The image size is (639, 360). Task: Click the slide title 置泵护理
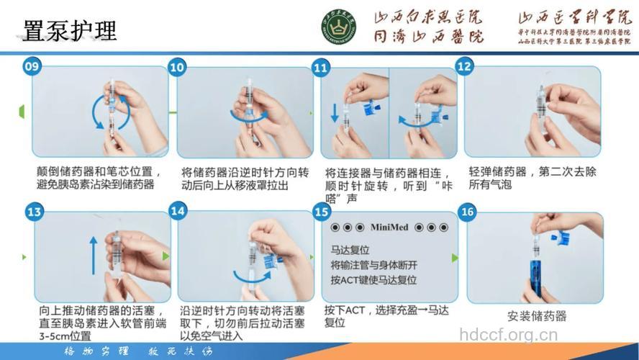[x=71, y=30]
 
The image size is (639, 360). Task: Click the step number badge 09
[x=32, y=67]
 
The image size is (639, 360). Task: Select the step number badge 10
[x=177, y=67]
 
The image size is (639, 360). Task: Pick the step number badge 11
[x=321, y=67]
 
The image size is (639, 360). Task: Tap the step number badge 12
[x=465, y=67]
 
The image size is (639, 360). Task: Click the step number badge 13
[x=33, y=212]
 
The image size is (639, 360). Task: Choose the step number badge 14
[x=178, y=211]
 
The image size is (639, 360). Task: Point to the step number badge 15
[x=322, y=212]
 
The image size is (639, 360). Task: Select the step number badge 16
[x=468, y=212]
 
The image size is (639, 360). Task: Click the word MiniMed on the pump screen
[x=389, y=228]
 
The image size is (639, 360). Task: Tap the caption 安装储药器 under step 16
[x=537, y=316]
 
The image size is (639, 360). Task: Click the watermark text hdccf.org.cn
[x=508, y=335]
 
